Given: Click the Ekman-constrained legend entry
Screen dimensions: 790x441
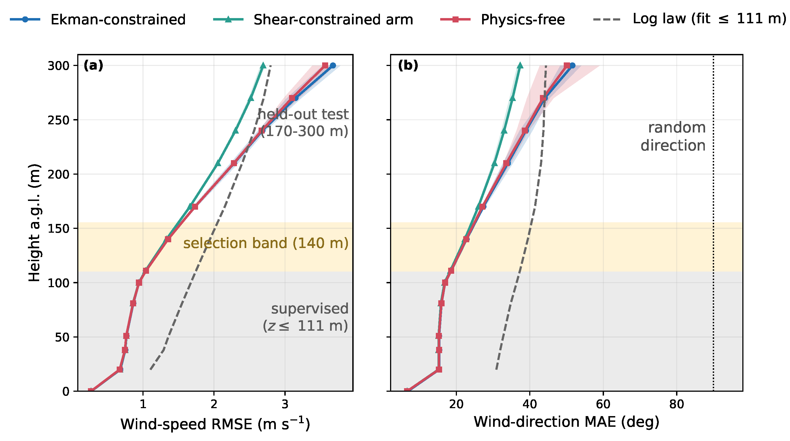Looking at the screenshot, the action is pyautogui.click(x=98, y=19).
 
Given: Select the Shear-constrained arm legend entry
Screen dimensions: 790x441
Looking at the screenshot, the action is pyautogui.click(x=313, y=19).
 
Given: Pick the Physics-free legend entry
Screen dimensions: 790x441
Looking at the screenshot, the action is pyautogui.click(x=502, y=19).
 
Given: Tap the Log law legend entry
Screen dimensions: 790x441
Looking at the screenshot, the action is pyautogui.click(x=690, y=19).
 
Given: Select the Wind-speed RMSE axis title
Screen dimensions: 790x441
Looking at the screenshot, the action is pyautogui.click(x=215, y=424).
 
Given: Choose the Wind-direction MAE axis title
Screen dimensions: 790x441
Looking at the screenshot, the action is pyautogui.click(x=566, y=422).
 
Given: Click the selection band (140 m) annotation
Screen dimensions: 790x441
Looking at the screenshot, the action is pyautogui.click(x=266, y=243).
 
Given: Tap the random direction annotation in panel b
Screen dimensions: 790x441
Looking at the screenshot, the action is pyautogui.click(x=673, y=136).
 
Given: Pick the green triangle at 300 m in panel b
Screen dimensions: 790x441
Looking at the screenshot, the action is pyautogui.click(x=520, y=65).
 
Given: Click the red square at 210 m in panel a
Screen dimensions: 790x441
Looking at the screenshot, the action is pyautogui.click(x=234, y=163).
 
